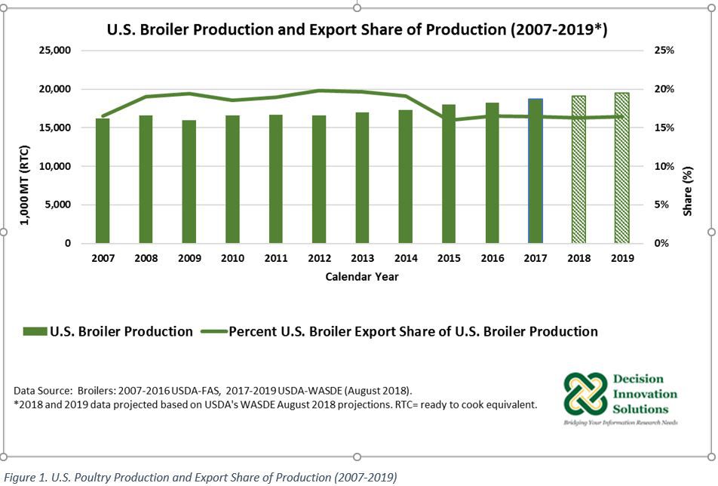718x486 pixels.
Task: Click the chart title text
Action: pyautogui.click(x=357, y=30)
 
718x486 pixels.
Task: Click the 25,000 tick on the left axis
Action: pyautogui.click(x=55, y=51)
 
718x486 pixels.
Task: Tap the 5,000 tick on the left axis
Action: pyautogui.click(x=58, y=205)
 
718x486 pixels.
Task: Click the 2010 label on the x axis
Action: pyautogui.click(x=232, y=258)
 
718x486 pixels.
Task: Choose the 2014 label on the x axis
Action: pyautogui.click(x=406, y=258)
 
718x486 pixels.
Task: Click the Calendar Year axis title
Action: pyautogui.click(x=362, y=277)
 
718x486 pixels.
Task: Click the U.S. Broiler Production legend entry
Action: pyautogui.click(x=109, y=331)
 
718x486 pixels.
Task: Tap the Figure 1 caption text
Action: pyautogui.click(x=199, y=477)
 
